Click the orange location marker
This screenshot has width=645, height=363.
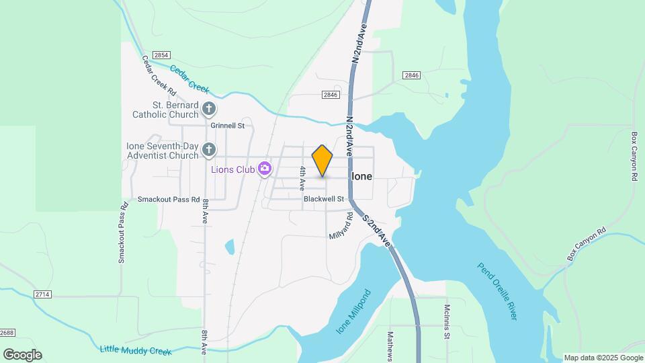click(x=322, y=160)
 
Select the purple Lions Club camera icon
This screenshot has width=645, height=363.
click(x=265, y=168)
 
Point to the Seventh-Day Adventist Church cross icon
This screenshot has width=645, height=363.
click(x=209, y=149)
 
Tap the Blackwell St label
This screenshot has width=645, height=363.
click(x=323, y=199)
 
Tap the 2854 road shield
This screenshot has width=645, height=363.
click(x=161, y=55)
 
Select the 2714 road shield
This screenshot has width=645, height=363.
click(x=42, y=294)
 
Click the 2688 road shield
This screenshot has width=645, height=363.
click(x=7, y=333)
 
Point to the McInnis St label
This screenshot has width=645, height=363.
click(x=446, y=322)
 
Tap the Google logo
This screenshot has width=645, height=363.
click(x=22, y=355)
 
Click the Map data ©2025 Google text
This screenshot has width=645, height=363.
click(x=603, y=358)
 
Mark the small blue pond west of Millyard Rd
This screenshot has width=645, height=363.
click(x=230, y=247)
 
